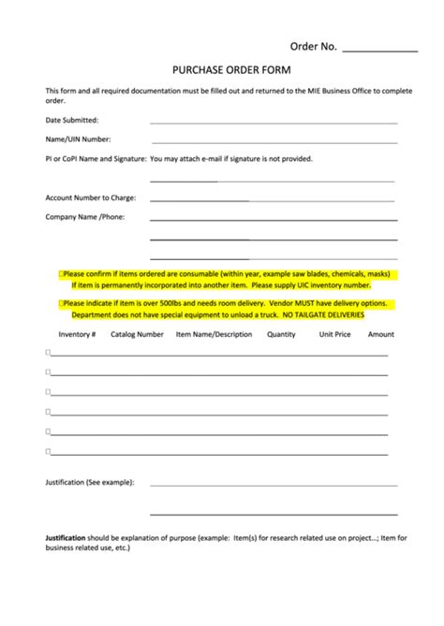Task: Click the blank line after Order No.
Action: point(380,48)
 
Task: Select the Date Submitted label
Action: point(72,120)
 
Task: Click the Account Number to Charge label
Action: point(91,197)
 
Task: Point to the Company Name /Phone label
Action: point(85,217)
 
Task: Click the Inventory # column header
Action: point(77,334)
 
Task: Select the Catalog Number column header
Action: point(137,334)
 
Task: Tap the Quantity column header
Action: point(281,334)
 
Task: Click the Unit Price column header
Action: point(334,334)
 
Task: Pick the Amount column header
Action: point(380,334)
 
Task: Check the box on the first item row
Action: point(49,353)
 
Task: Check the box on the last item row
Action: point(49,451)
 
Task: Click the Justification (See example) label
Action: point(90,482)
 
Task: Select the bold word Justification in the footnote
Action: point(66,538)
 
